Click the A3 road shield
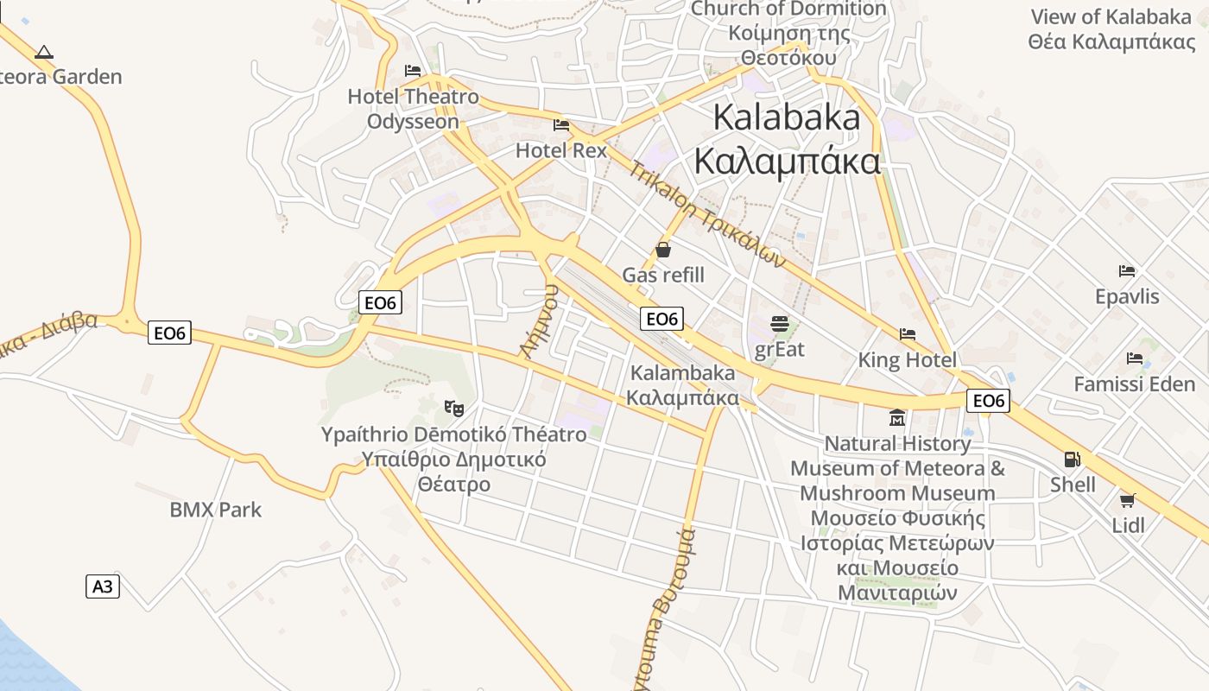coord(103,586)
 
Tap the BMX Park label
coord(215,510)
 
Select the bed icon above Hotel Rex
coord(561,126)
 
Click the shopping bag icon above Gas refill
coord(663,250)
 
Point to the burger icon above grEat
coord(780,324)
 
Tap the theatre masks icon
coord(453,407)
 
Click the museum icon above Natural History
coord(897,418)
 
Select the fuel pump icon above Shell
coord(1073,460)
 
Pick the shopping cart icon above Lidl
coord(1127,500)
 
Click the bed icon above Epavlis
coord(1127,271)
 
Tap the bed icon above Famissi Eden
coord(1135,358)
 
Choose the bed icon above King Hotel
coord(907,334)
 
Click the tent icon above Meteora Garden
coord(44,53)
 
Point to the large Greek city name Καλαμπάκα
coord(787,162)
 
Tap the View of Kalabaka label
coord(1111,16)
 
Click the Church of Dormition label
coord(788,10)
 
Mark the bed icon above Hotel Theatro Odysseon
coord(413,71)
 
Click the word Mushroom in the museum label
coord(897,493)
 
